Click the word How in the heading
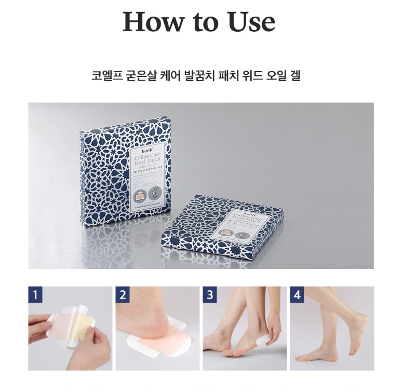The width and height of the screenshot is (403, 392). (x=154, y=22)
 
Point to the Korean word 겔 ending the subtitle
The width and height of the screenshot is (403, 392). (x=295, y=76)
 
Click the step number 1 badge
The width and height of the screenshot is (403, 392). (x=36, y=295)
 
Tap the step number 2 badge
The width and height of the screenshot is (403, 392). (x=123, y=295)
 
